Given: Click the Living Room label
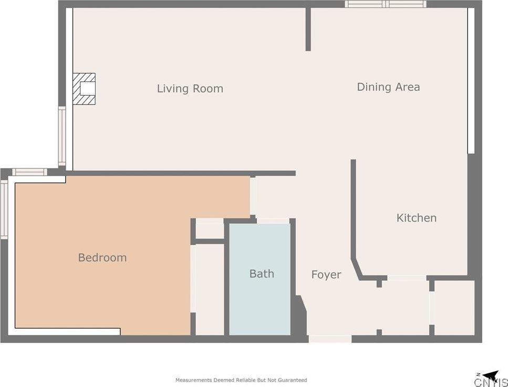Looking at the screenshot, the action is point(190,88).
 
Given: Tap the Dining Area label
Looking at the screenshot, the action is point(388,87).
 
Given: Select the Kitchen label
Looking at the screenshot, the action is point(416,218).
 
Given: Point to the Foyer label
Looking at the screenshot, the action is point(326,275).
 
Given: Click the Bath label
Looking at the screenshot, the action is point(262,274).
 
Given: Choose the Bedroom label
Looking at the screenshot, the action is point(102,258).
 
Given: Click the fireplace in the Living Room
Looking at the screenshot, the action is point(84,88).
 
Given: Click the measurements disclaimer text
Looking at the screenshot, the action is point(241,380).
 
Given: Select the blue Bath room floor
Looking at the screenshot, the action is point(260,279).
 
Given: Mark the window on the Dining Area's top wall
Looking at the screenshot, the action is point(386,4).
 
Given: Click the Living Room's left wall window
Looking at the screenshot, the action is point(62,136).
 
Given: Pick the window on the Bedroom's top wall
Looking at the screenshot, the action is point(30,172).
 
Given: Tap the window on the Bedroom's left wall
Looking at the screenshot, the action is point(4,210).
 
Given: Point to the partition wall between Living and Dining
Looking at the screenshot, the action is point(308,29).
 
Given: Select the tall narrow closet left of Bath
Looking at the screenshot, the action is point(210,290).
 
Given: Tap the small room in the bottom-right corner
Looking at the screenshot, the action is point(454,308).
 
